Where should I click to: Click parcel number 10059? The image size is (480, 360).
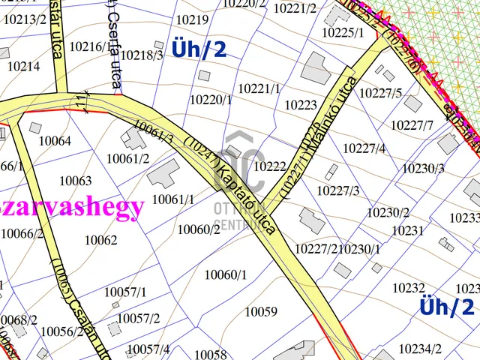point(261,311)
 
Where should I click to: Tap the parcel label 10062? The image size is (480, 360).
point(100,240)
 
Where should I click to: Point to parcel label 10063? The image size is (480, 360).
point(75,181)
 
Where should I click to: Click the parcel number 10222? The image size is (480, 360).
point(270,166)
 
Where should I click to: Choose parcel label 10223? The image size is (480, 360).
point(301,105)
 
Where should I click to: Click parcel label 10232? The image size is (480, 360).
point(409,287)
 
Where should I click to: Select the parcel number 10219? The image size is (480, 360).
point(191,20)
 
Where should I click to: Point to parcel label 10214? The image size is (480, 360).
point(24,66)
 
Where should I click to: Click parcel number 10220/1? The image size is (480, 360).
point(211,99)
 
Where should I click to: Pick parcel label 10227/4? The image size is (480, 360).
point(364,148)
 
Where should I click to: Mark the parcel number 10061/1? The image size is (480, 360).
point(172,199)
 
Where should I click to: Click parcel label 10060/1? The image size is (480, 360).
point(225,274)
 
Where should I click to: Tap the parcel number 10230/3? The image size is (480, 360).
point(423,168)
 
